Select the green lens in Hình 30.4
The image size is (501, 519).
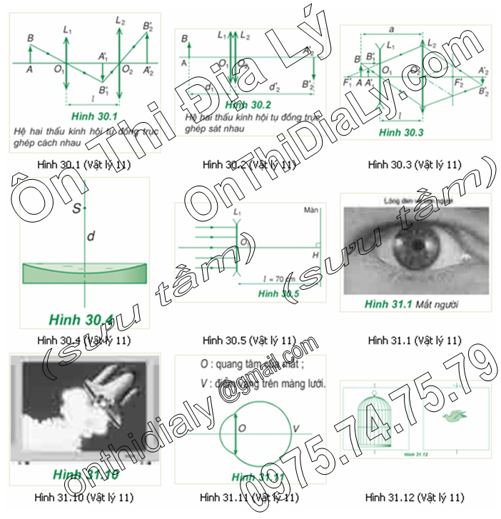(x=84, y=273)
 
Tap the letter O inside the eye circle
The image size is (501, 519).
(x=242, y=428)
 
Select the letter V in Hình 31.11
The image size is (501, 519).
(x=296, y=428)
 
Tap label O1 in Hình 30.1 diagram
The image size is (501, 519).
(x=60, y=71)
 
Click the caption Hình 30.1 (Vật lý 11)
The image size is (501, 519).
(x=84, y=165)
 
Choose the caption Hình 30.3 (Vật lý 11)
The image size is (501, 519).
(x=415, y=165)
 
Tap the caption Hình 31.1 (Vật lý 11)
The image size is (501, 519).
(x=415, y=340)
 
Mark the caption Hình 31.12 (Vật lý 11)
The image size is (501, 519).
(x=415, y=497)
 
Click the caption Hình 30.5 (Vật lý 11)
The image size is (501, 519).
(x=249, y=340)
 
